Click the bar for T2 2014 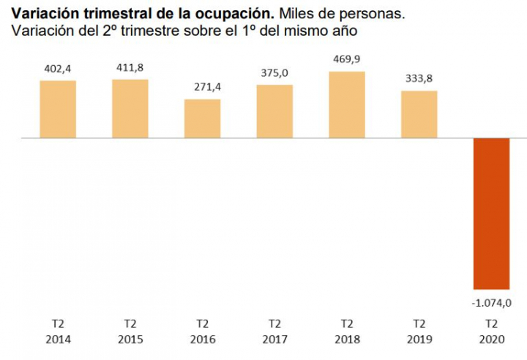click(x=58, y=109)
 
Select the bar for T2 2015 click(x=130, y=108)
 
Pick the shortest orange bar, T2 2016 click(x=203, y=119)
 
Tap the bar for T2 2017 click(x=274, y=111)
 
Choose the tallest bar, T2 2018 click(x=347, y=105)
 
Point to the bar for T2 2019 click(x=419, y=114)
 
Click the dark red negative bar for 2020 click(x=491, y=214)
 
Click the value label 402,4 click(x=58, y=70)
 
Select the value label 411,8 click(x=130, y=68)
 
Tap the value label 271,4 click(x=203, y=88)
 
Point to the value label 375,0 click(x=274, y=73)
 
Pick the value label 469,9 click(x=347, y=59)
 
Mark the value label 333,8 click(x=419, y=79)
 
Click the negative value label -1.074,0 click(x=491, y=302)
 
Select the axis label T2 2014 click(x=58, y=331)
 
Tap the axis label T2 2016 click(x=203, y=331)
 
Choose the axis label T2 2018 click(x=347, y=331)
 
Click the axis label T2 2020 click(x=491, y=331)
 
